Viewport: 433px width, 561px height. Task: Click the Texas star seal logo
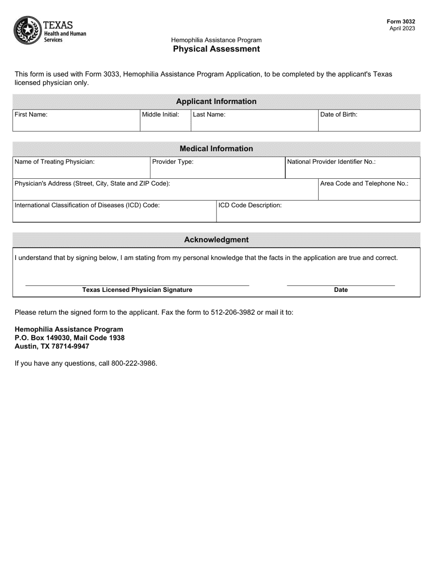coord(27,30)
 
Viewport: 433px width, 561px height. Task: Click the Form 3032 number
coord(401,21)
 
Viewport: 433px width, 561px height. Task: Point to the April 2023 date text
coord(402,28)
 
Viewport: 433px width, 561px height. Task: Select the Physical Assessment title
coord(216,49)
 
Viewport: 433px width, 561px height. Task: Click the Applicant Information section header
coord(216,101)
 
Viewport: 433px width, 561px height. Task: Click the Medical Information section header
coord(216,149)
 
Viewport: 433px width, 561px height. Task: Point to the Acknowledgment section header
coord(216,240)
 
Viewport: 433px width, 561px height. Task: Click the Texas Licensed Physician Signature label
coord(137,290)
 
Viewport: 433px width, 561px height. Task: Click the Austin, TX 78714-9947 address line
coord(52,346)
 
